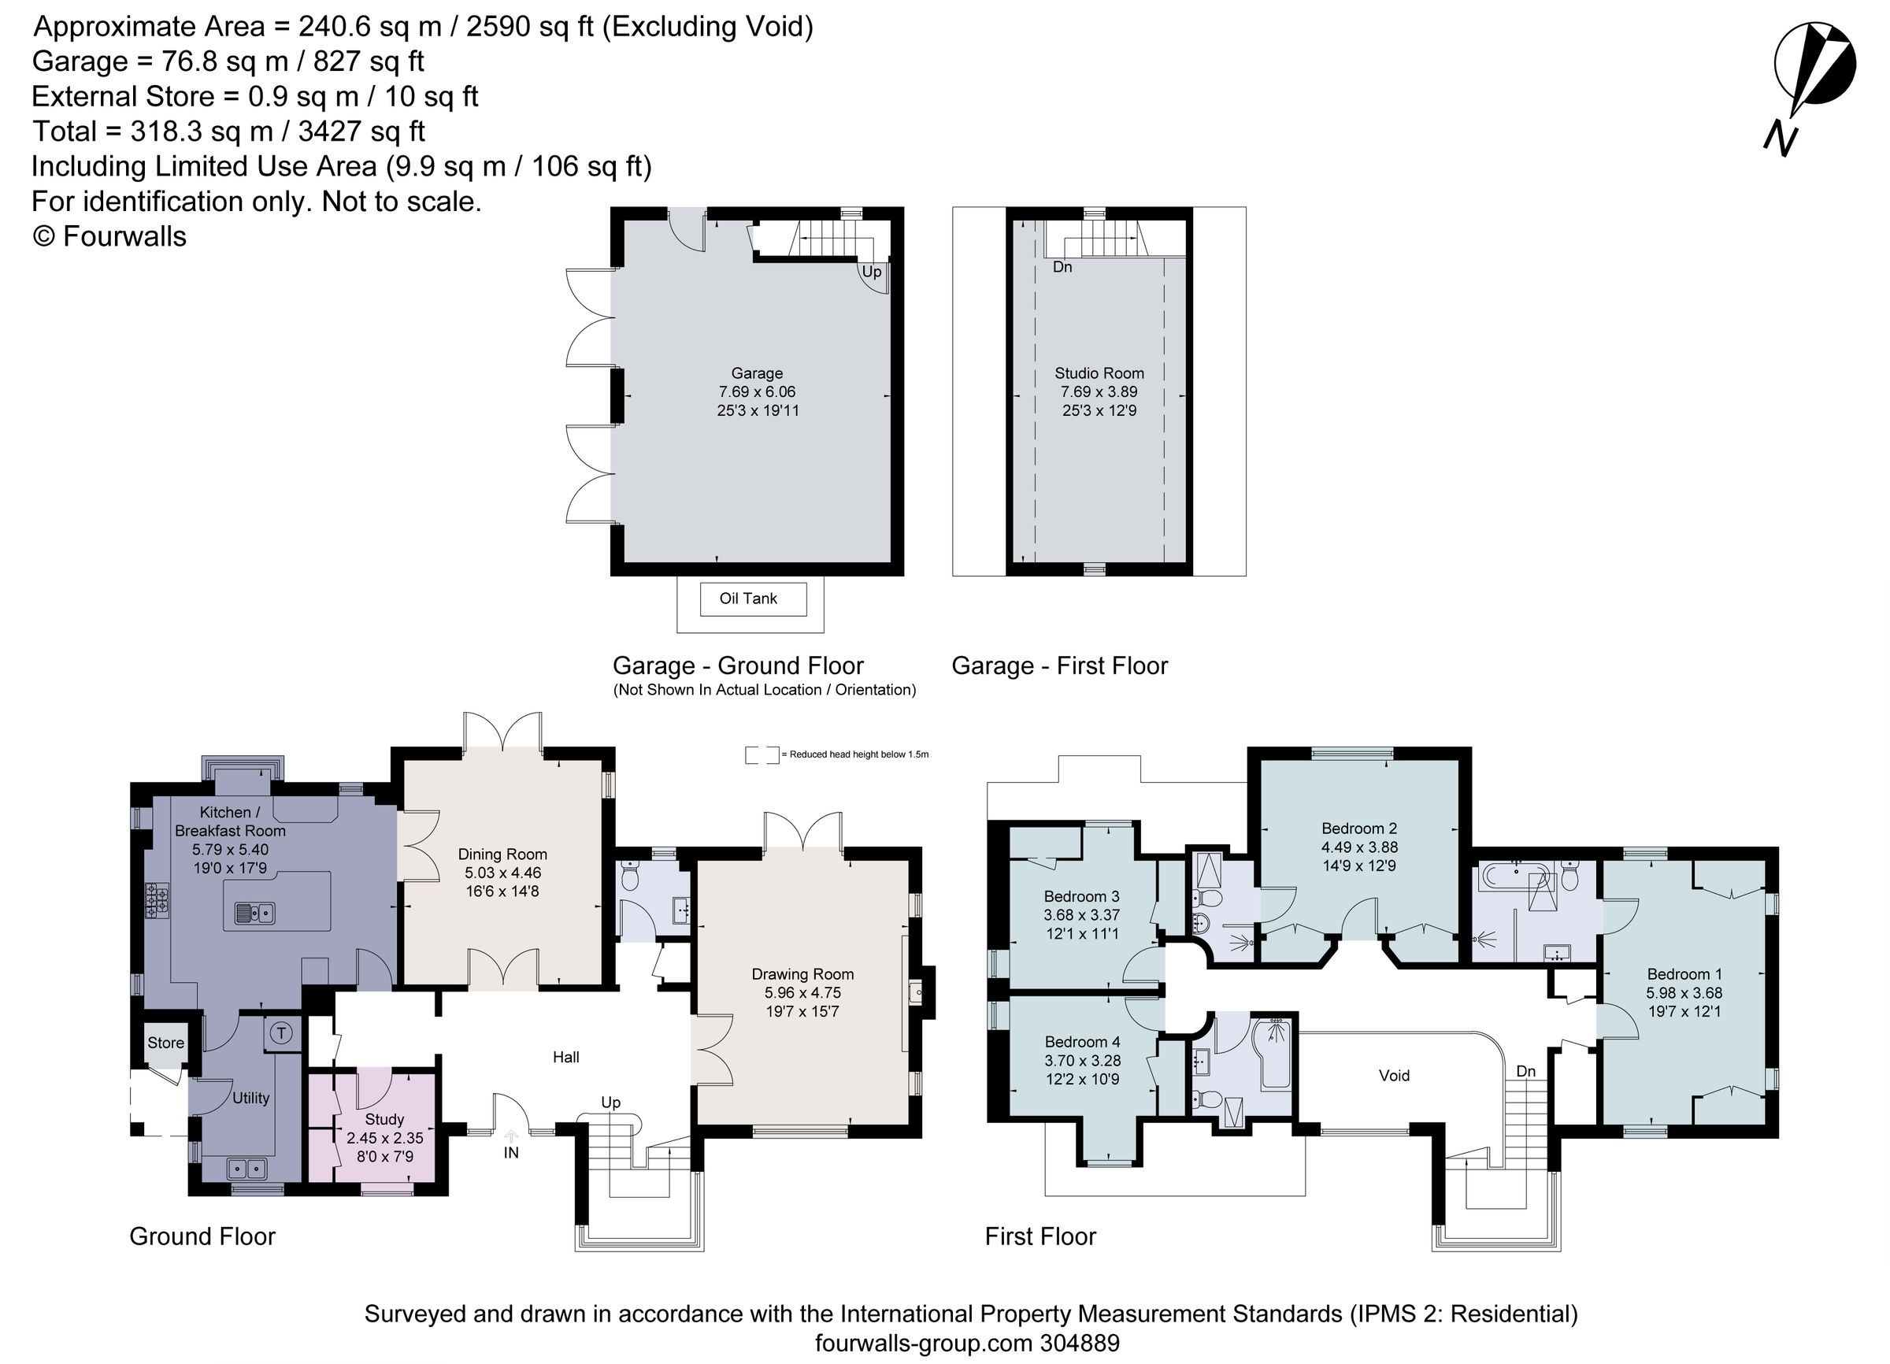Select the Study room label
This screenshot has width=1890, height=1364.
384,1119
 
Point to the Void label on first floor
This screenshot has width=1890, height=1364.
1394,1076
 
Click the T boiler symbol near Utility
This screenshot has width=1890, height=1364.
282,1033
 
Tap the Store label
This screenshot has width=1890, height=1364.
165,1043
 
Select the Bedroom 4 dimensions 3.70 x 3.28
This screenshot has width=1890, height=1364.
1083,1061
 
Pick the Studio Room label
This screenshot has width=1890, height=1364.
1099,373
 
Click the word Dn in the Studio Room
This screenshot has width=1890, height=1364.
1062,268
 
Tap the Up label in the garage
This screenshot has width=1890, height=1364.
871,272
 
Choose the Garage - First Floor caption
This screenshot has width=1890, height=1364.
1059,665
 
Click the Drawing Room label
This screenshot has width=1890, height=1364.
802,974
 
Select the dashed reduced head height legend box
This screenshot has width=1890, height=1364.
762,755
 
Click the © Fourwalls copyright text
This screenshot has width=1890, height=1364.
109,236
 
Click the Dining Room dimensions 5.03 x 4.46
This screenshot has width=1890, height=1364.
502,873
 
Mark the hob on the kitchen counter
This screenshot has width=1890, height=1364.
157,900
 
